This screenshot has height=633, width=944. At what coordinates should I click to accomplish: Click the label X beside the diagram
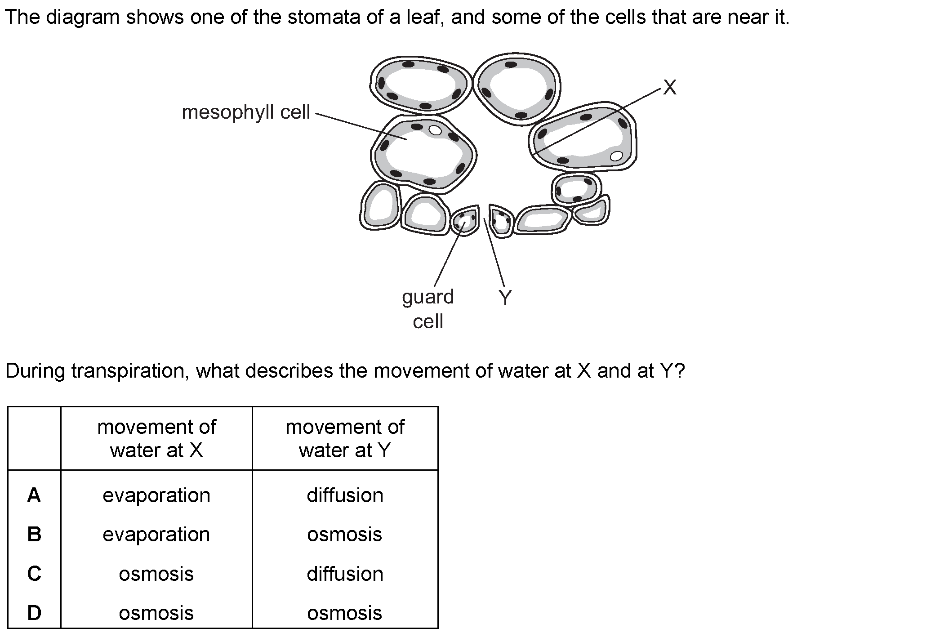pos(670,88)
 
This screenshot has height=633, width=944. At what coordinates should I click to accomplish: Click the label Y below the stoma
pos(506,298)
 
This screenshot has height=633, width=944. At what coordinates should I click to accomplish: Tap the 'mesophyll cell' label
pos(246,112)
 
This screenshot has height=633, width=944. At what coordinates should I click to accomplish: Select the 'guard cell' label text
pos(428,309)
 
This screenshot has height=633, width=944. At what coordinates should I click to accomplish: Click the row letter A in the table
pos(34,495)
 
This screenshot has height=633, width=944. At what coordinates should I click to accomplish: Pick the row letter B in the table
pos(34,535)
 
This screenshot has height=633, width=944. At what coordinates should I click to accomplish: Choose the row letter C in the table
pos(34,574)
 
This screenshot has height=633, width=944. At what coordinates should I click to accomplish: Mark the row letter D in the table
pos(34,613)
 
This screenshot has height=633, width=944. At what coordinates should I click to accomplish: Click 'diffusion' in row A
pos(345,495)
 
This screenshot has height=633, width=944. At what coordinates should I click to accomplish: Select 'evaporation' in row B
pos(156,535)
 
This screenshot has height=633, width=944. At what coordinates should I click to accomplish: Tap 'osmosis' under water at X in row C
pos(156,574)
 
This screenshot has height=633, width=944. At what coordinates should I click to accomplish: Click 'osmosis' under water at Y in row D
pos(345,613)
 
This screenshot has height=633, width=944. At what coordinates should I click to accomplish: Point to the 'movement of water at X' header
pos(156,438)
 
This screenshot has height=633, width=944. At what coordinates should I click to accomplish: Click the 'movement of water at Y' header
pos(345,438)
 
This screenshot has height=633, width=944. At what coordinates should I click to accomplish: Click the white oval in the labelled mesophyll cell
pos(435,130)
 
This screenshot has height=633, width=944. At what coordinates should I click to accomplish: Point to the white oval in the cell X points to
pos(617,156)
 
